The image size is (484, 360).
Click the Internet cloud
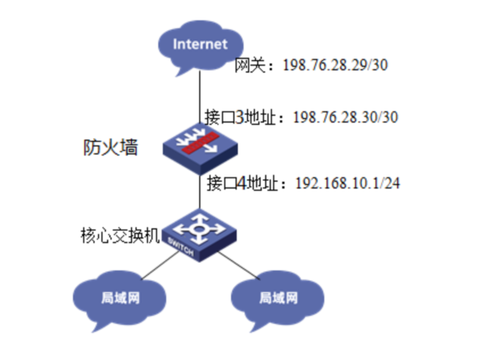[x=199, y=48]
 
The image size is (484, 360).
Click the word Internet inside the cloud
[x=200, y=44]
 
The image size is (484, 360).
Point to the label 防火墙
[x=111, y=148]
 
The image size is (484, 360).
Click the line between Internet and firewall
[x=199, y=99]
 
